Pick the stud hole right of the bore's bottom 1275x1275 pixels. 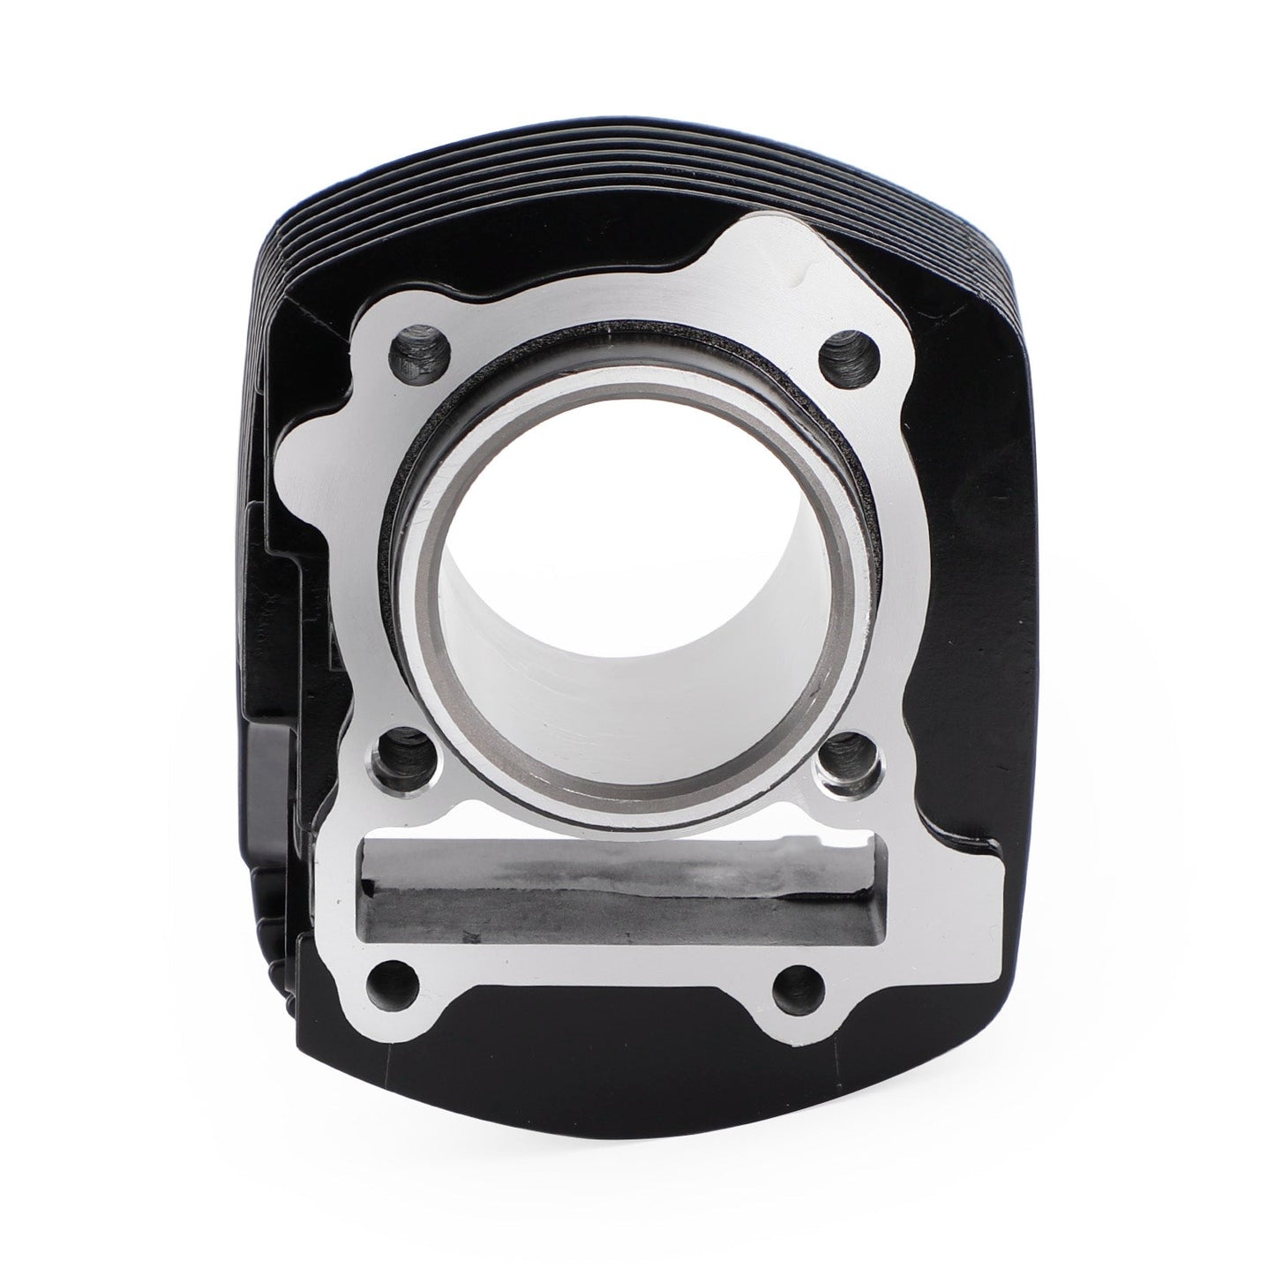point(846,753)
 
